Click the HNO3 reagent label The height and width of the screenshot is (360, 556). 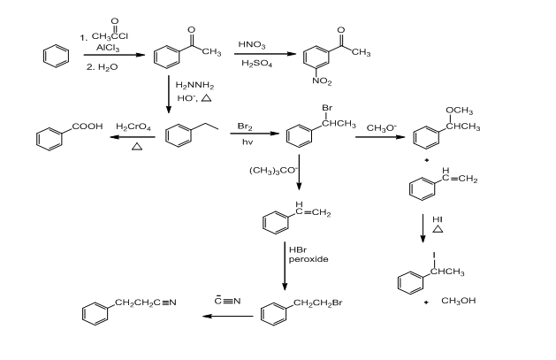[x=252, y=45]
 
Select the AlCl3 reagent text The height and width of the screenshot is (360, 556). [x=108, y=50]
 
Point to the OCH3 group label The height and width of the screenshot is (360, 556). [x=458, y=110]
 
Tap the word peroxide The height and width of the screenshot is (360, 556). [x=309, y=259]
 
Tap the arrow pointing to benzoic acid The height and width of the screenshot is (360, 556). [x=133, y=137]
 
